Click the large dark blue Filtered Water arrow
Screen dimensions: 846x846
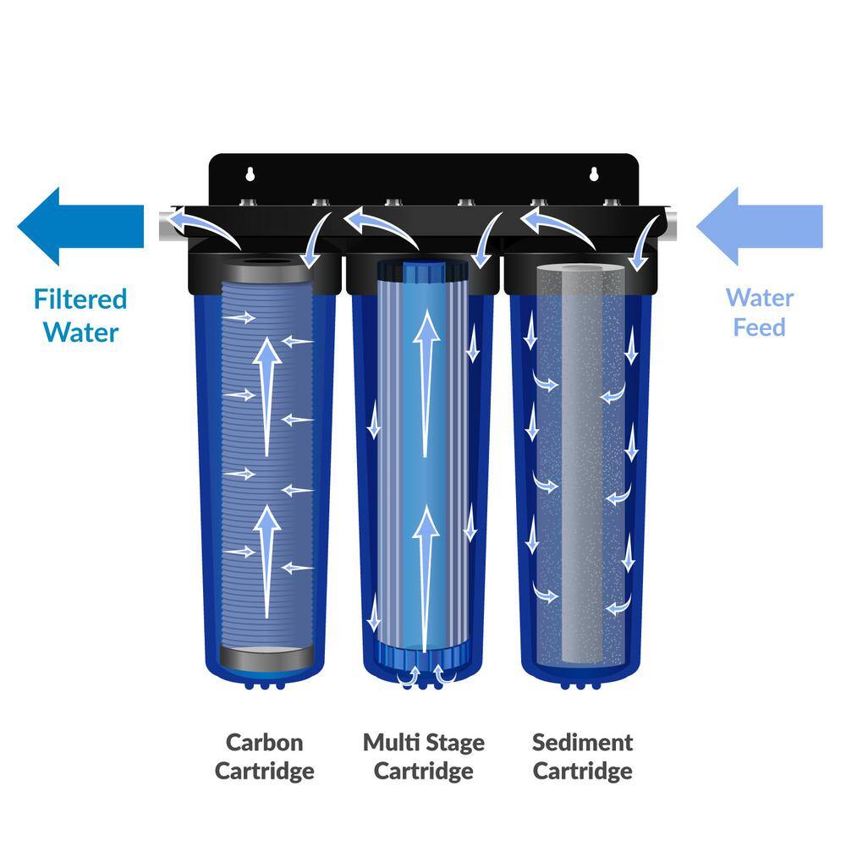tap(80, 226)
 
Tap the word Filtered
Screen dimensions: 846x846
tap(80, 299)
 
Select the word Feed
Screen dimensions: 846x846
tap(759, 327)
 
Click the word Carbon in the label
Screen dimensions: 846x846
tap(264, 743)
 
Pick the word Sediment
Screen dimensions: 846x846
tap(582, 743)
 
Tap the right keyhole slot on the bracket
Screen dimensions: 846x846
tap(596, 175)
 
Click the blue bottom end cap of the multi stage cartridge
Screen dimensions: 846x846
tap(422, 655)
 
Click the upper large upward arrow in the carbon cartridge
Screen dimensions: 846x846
tap(268, 393)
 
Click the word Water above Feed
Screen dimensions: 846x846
tap(759, 298)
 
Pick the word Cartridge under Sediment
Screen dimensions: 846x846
tap(582, 772)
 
